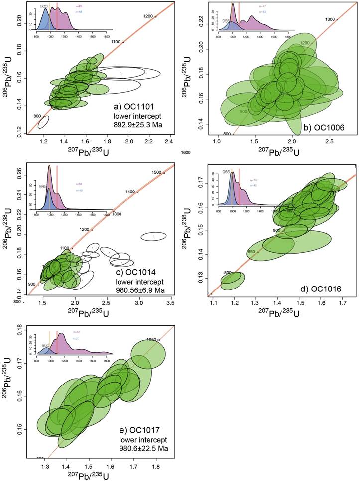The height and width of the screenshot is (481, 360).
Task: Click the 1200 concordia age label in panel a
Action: (x=148, y=16)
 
